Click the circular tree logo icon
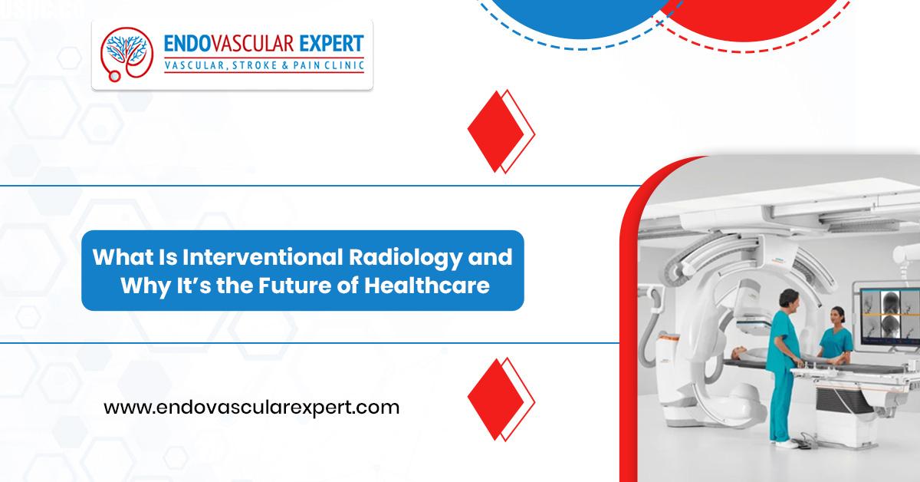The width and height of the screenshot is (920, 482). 127,54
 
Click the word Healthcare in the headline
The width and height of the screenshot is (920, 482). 427,286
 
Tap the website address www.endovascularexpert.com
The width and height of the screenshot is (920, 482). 251,408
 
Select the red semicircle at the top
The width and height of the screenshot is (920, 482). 751,20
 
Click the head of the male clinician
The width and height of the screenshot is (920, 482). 789,300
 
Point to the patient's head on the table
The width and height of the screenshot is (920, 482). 738,351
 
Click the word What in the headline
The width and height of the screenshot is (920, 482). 116,257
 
